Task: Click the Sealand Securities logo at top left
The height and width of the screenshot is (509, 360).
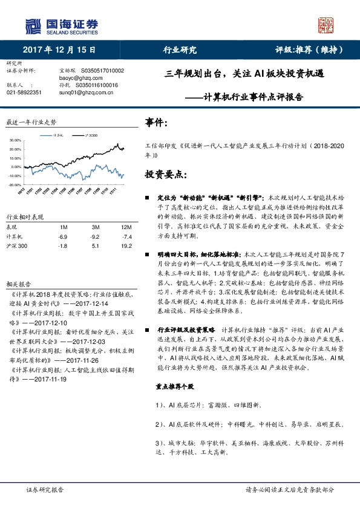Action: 61,25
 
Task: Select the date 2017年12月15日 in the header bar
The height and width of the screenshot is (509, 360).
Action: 59,50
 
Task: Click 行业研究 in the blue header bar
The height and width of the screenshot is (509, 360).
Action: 180,50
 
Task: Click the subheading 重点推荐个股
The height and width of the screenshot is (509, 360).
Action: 172,369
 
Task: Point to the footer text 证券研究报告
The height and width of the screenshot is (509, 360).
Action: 45,490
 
